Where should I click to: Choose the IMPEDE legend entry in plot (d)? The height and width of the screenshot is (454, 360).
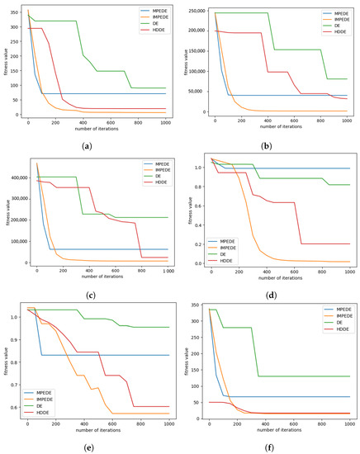337,169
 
